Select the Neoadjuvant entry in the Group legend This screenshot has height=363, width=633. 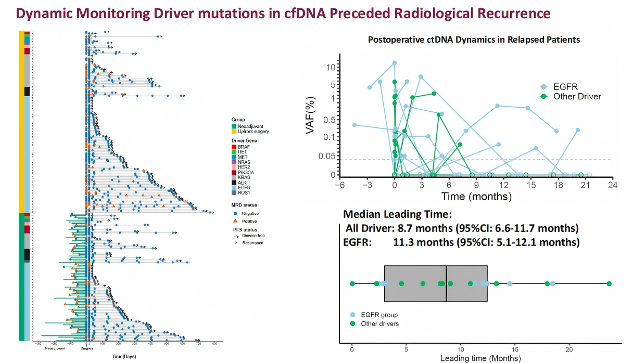[x=249, y=126]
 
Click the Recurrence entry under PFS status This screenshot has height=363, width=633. [x=251, y=243]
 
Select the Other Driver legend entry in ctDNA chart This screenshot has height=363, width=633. [x=577, y=96]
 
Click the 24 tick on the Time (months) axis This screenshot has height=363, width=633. [x=613, y=186]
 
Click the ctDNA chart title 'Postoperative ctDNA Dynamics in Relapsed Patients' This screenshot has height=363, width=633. [x=474, y=40]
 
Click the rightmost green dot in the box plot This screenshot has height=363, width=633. [x=609, y=283]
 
